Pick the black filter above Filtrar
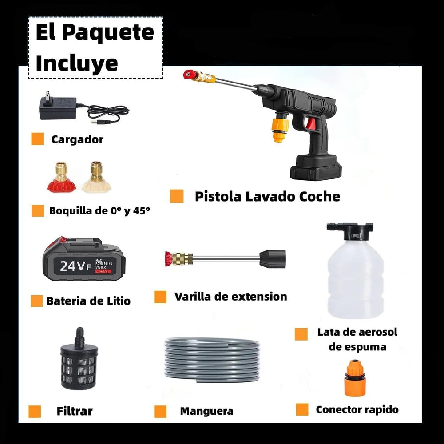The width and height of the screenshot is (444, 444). tap(79, 364)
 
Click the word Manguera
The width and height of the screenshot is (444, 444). tap(206, 411)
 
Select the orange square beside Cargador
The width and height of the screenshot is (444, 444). tap(37, 139)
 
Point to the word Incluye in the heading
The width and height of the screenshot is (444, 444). tap(77, 63)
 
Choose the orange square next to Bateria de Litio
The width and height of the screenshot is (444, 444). tap(36, 301)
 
